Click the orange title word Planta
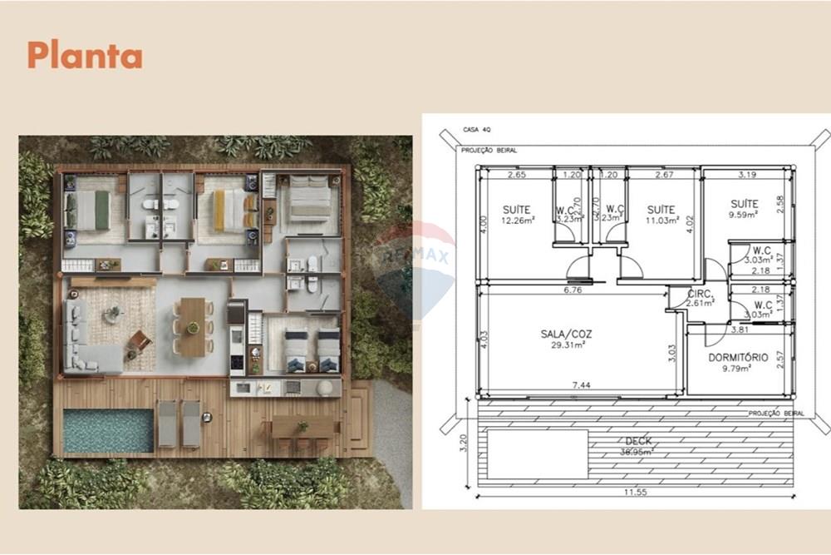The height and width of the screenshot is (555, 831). [85, 56]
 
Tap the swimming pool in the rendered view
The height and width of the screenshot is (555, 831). [108, 430]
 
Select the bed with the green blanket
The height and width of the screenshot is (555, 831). [94, 211]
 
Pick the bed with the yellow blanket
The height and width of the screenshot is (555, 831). [224, 211]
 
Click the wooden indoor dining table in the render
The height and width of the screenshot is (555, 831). [193, 327]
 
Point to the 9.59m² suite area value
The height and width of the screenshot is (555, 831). [745, 214]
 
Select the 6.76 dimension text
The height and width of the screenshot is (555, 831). [571, 290]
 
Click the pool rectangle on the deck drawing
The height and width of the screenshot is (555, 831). [537, 453]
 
